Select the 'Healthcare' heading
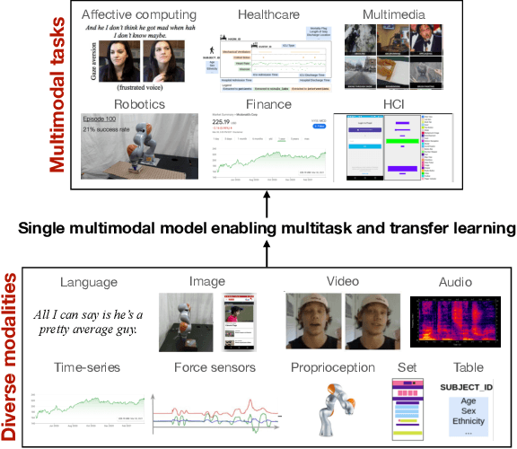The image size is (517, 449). (267, 15)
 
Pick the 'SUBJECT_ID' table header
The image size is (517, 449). (468, 387)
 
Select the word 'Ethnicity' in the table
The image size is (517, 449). (468, 420)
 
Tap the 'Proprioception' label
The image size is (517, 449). (333, 368)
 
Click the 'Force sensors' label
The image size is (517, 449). (215, 368)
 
